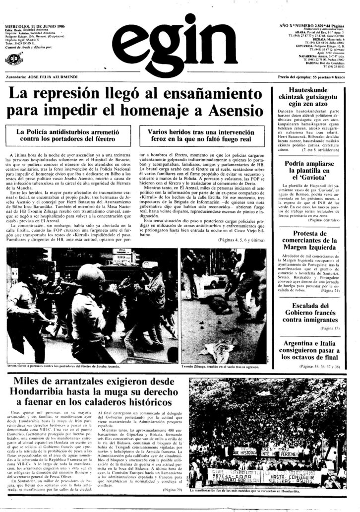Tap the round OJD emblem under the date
(x=13, y=60)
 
